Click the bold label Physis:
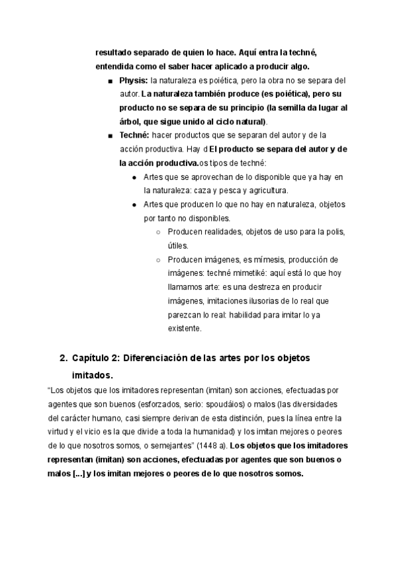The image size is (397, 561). point(134,81)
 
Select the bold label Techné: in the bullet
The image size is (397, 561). point(134,136)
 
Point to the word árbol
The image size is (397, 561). point(131,122)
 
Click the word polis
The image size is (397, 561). point(334,232)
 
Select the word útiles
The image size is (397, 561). point(178,245)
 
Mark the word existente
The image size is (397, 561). point(185,328)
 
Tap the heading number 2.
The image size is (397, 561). point(63,358)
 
